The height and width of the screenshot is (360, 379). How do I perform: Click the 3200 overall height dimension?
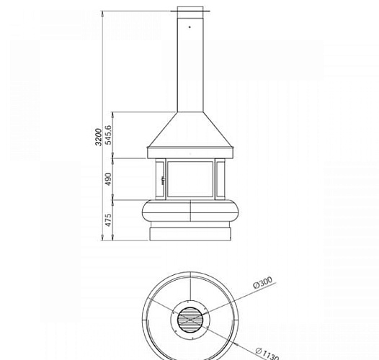[x=99, y=137]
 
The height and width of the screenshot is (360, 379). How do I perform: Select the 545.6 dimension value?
[x=108, y=135]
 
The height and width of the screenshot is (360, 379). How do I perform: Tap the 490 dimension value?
[x=108, y=179]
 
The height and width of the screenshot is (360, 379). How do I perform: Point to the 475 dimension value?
[x=108, y=220]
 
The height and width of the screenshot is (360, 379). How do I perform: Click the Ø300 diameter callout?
[x=263, y=282]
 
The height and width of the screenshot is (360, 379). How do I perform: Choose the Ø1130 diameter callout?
[x=267, y=354]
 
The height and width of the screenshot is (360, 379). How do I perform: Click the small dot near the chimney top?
[x=189, y=27]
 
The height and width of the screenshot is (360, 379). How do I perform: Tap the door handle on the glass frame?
[x=163, y=180]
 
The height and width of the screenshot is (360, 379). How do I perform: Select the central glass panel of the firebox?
[x=190, y=179]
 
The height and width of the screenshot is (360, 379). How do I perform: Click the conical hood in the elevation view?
[x=190, y=130]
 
